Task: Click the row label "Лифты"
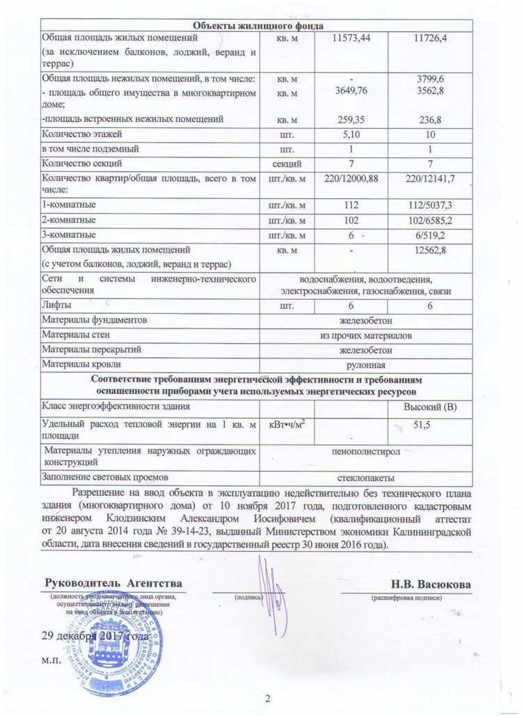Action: (x=56, y=306)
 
